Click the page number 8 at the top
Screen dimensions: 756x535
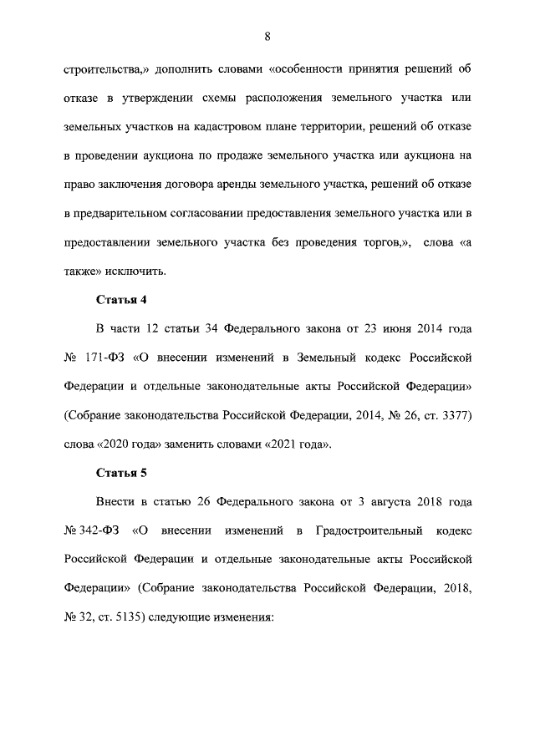267,36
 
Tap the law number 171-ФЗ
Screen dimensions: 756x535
105,358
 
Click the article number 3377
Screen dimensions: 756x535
455,415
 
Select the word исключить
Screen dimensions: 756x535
137,271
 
